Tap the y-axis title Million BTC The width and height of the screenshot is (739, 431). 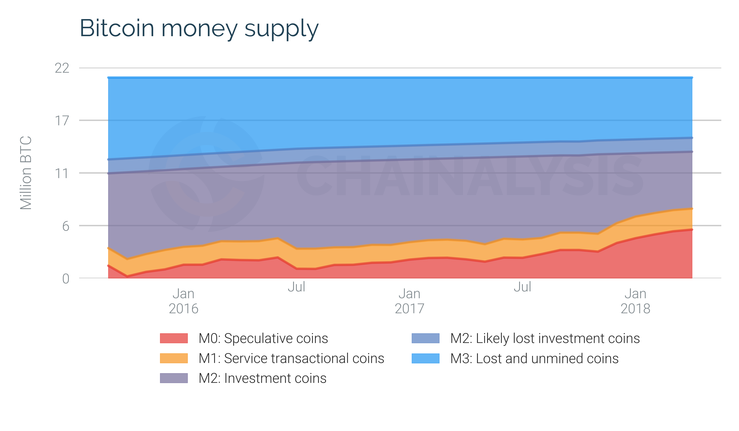click(26, 173)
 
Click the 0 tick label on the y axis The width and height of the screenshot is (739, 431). click(66, 279)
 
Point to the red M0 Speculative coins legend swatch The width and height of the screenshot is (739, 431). click(174, 338)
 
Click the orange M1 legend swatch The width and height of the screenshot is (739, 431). click(174, 358)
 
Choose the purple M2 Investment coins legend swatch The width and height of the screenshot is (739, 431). click(174, 378)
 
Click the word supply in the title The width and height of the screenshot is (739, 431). click(282, 29)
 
